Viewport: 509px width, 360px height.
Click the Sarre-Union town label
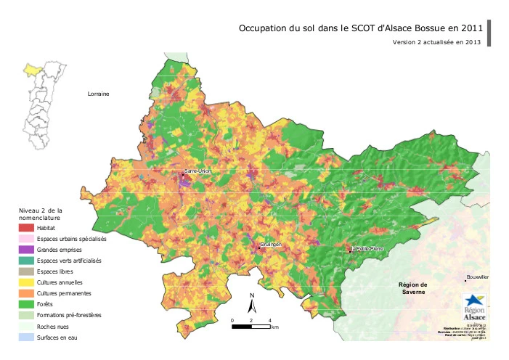pyautogui.click(x=198, y=171)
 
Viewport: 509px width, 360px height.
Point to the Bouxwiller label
pyautogui.click(x=479, y=278)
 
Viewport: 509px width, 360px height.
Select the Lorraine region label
pyautogui.click(x=97, y=94)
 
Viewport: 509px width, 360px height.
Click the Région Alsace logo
pyautogui.click(x=476, y=304)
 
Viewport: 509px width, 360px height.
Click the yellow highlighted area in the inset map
pyautogui.click(x=33, y=69)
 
